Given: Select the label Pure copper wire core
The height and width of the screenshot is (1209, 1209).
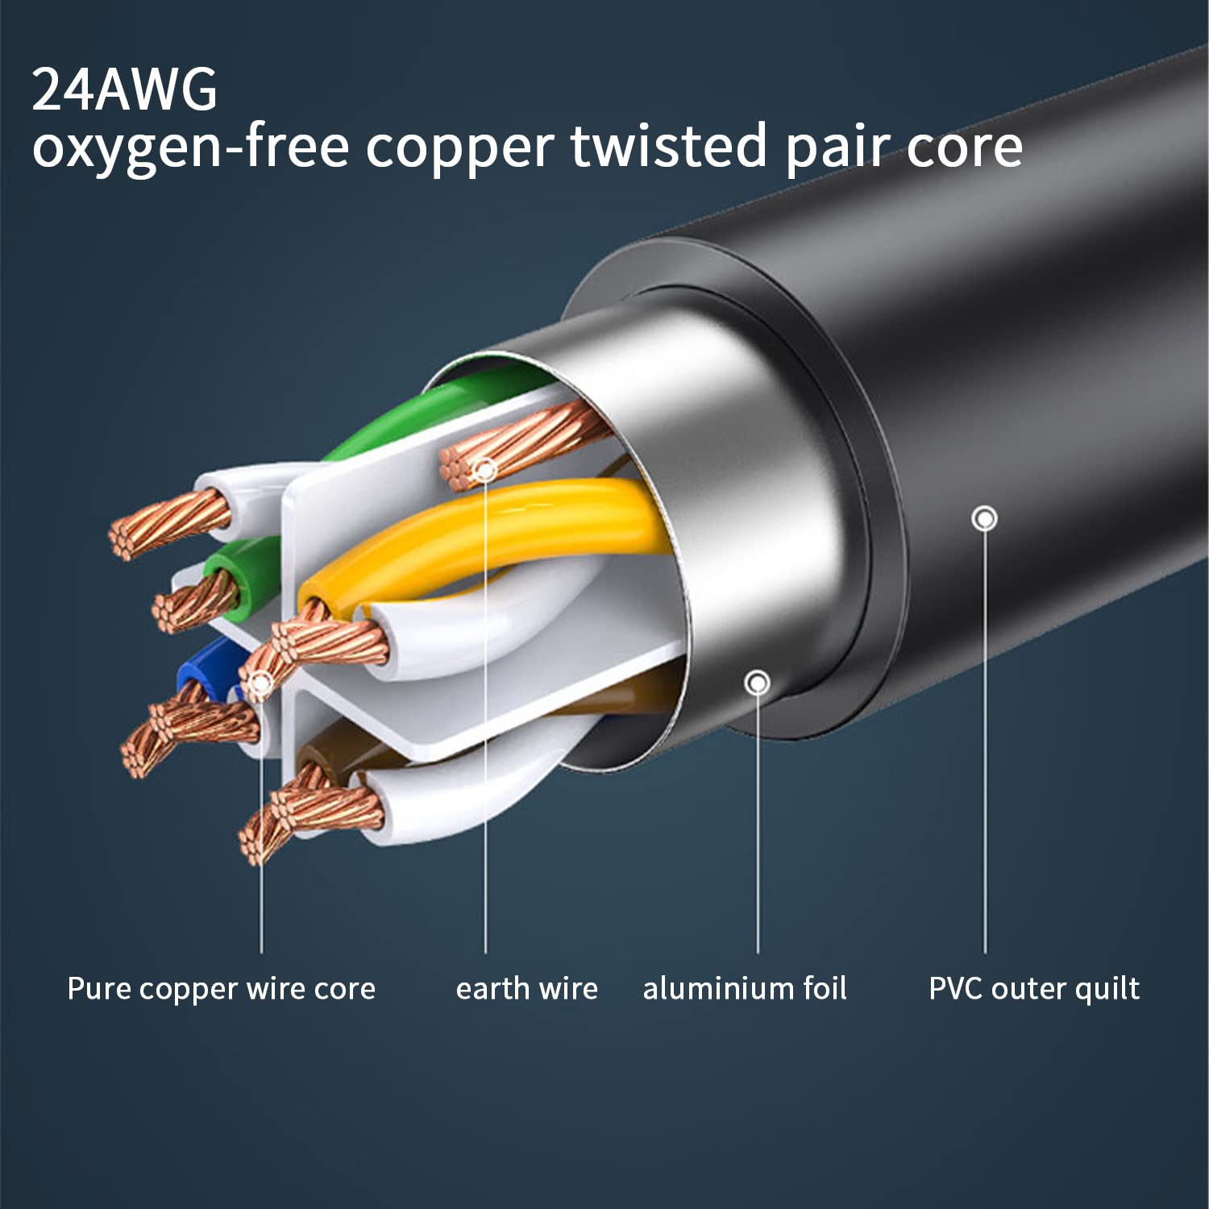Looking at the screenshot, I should point(221,988).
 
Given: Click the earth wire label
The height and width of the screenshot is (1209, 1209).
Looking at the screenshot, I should point(526,988).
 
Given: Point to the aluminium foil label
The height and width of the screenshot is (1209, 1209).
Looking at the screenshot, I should point(745,988).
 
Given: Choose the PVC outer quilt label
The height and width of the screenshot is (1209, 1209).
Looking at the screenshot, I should point(1034,988).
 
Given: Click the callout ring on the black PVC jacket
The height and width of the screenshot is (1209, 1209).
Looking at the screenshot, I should point(984,518).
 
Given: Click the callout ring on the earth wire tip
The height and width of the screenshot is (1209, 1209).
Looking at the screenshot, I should point(485,469).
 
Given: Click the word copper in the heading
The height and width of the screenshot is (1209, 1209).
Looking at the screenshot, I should point(459,147).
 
